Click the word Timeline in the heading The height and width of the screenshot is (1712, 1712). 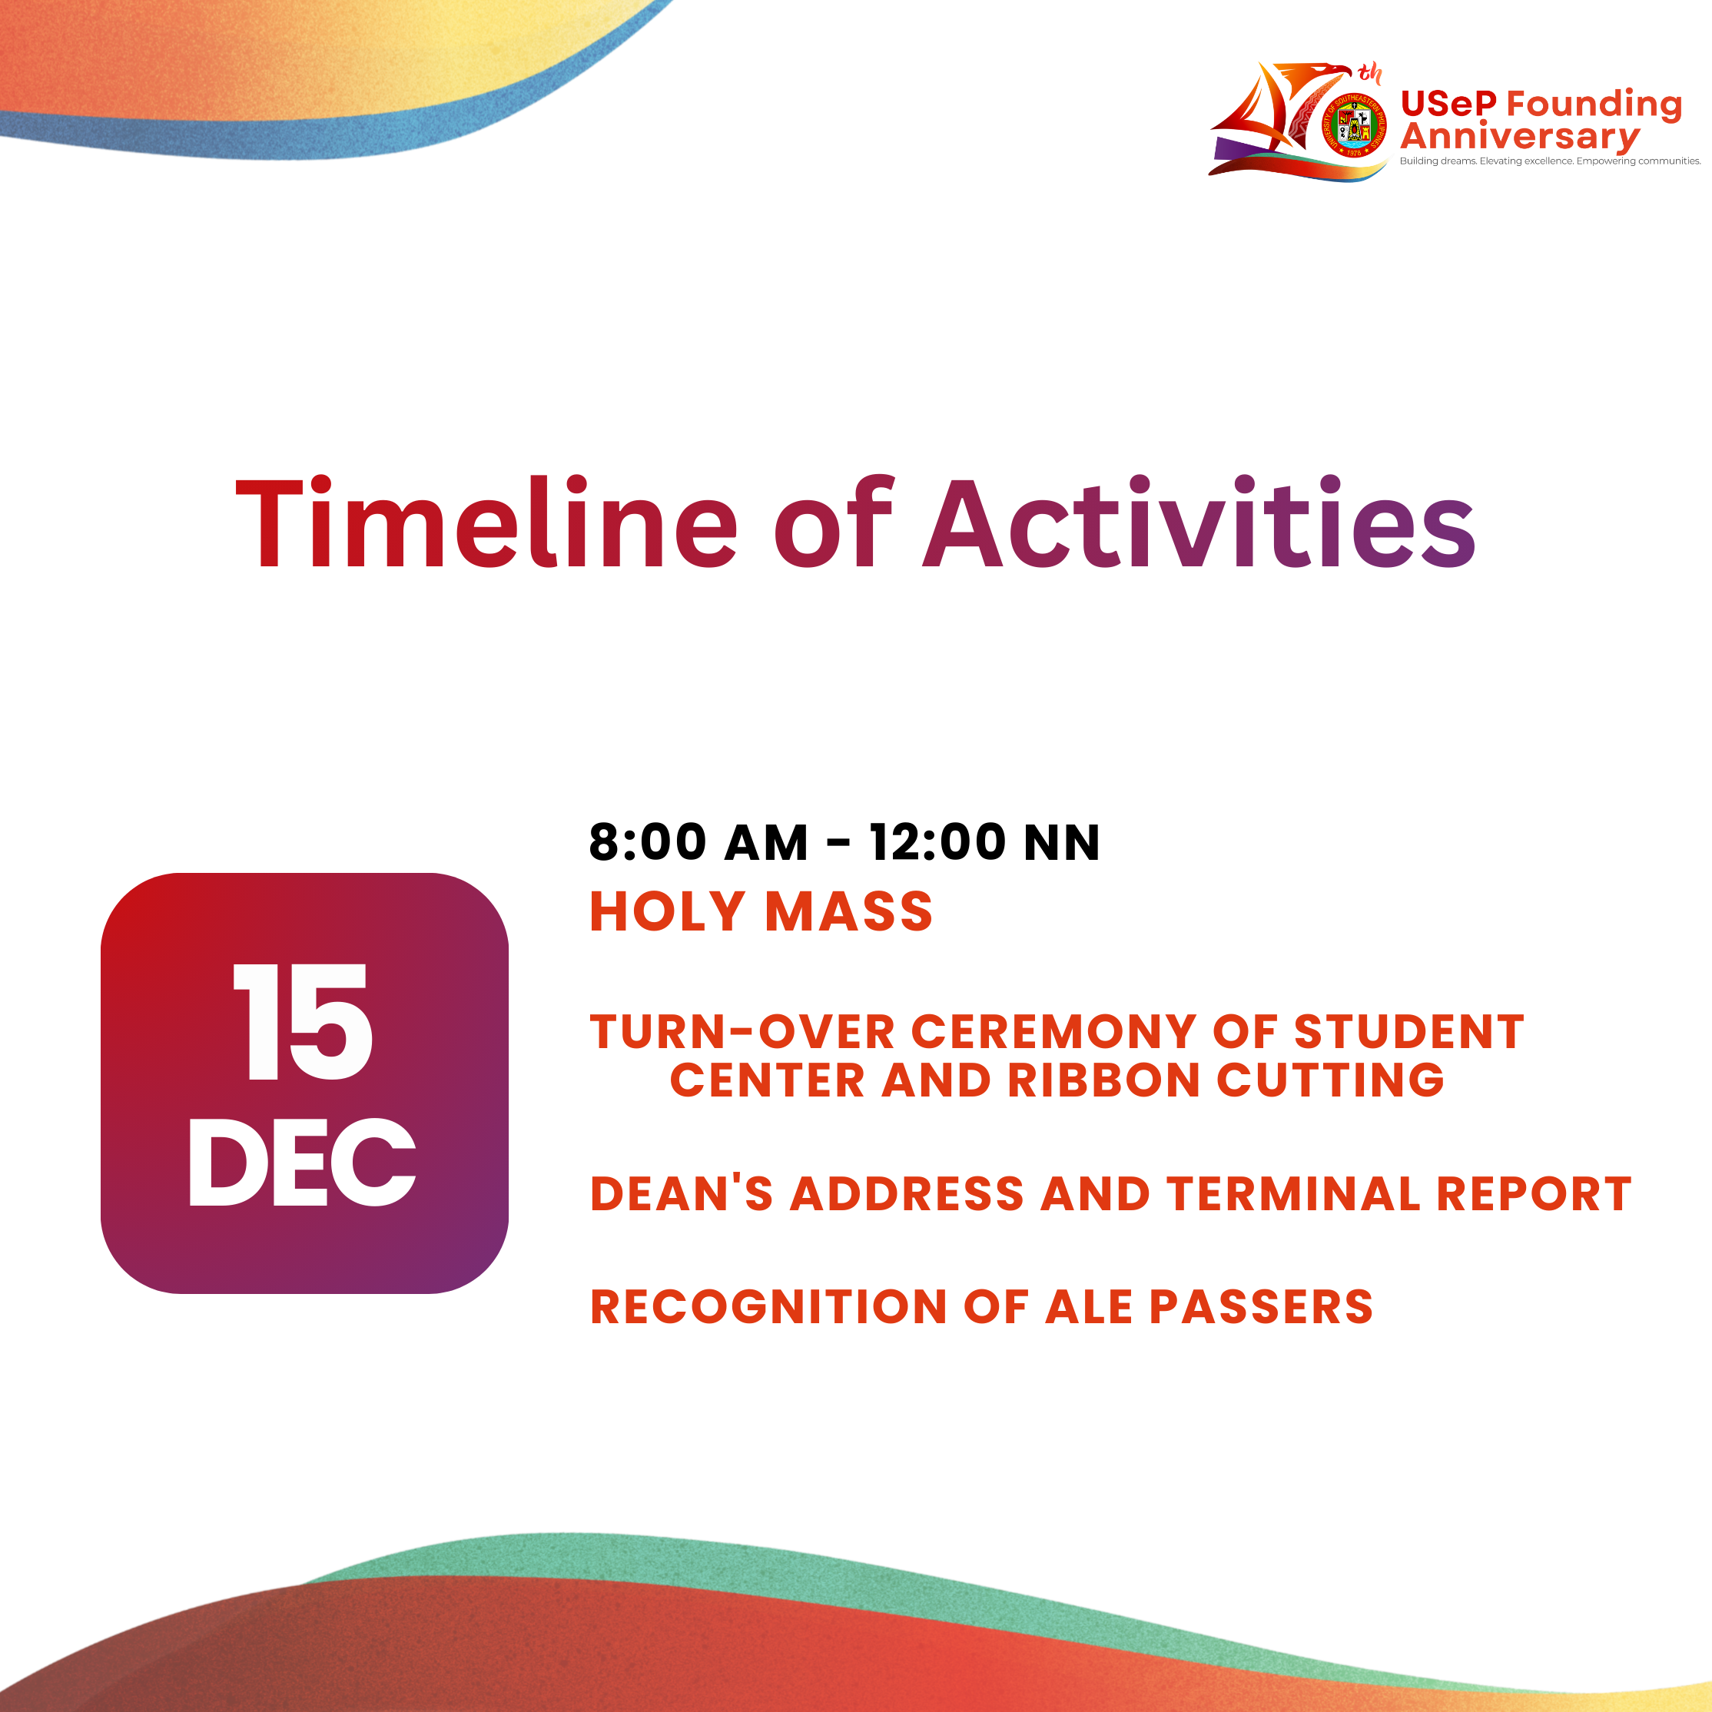(486, 523)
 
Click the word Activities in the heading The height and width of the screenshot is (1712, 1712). (1199, 523)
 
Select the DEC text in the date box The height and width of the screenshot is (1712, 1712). (302, 1162)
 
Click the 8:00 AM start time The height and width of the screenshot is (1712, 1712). (698, 842)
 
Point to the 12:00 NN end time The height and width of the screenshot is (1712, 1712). (984, 842)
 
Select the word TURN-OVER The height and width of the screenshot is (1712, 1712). (742, 1032)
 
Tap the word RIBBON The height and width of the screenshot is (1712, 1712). (1103, 1080)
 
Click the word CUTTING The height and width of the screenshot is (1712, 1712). (1330, 1080)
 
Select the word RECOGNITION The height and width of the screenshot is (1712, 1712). (768, 1307)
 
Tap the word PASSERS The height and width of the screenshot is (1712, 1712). (1261, 1307)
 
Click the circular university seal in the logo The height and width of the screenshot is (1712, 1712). (1354, 128)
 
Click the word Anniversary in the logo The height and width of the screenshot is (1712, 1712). (1520, 137)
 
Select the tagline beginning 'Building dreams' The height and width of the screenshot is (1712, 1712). (1550, 161)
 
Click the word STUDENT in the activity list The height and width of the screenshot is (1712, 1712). (1409, 1032)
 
